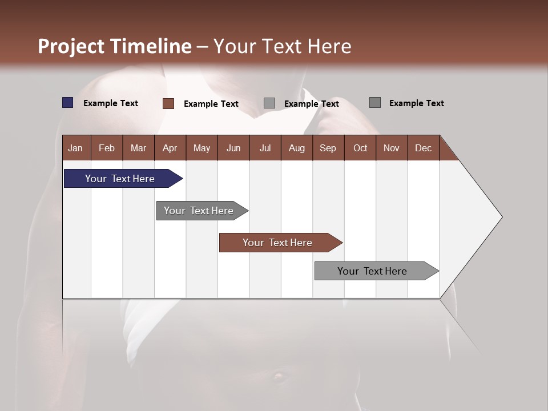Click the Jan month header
point(76,148)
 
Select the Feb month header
point(107,148)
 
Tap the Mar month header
point(138,148)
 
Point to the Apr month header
point(170,148)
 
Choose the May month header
point(202,148)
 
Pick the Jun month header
point(233,148)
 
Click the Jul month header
point(265,148)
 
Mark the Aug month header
point(297,148)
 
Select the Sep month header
point(328,148)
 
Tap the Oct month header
point(360,148)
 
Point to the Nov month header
point(392,148)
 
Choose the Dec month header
point(424,148)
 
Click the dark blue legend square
point(68,103)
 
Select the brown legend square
point(168,103)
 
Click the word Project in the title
point(72,46)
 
